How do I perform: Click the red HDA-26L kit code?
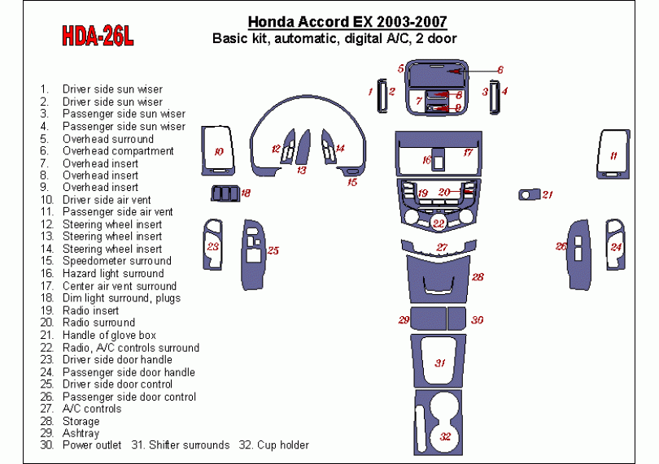tap(98, 36)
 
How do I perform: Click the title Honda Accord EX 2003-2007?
tap(347, 21)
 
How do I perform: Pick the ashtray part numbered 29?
tap(428, 319)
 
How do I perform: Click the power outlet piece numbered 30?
tap(456, 319)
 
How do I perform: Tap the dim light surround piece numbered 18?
tap(225, 193)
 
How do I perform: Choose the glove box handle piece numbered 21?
tap(529, 194)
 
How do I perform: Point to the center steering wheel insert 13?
tap(303, 147)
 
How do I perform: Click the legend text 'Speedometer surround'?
tap(117, 261)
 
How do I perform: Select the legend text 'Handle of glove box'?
tap(109, 335)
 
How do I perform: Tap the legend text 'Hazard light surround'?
tap(113, 273)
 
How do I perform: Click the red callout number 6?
tap(500, 70)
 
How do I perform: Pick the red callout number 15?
tap(352, 182)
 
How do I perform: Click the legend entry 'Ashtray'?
tap(81, 433)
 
